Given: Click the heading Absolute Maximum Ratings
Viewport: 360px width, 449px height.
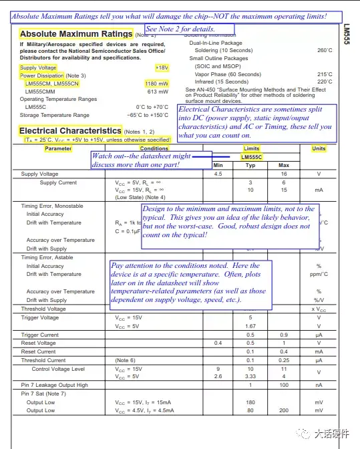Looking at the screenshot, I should [x=76, y=33].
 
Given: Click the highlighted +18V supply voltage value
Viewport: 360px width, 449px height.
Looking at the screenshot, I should [x=162, y=67].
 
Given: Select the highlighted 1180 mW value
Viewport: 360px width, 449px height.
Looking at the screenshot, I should [x=156, y=84].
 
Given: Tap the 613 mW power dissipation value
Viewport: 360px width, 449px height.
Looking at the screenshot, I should [x=157, y=92].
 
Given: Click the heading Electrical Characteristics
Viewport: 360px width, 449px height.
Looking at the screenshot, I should [x=70, y=130].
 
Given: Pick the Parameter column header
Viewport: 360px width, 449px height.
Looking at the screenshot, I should [x=58, y=148].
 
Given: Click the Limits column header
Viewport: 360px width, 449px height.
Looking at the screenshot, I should [x=252, y=148].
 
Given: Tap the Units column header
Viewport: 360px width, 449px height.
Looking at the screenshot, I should [x=319, y=148].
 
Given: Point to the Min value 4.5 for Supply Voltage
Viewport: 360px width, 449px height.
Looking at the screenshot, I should [x=218, y=174].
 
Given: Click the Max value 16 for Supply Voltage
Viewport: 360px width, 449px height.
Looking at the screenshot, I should [x=283, y=174].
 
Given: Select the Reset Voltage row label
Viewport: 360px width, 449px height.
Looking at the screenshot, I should [x=38, y=343].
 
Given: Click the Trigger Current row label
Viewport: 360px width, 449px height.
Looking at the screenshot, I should [x=40, y=335].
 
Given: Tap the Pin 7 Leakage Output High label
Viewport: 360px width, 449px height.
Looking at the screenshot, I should [x=55, y=385].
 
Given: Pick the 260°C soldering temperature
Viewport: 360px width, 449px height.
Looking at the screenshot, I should [x=325, y=50].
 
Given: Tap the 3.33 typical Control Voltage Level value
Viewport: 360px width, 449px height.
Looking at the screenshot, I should [x=250, y=376].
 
